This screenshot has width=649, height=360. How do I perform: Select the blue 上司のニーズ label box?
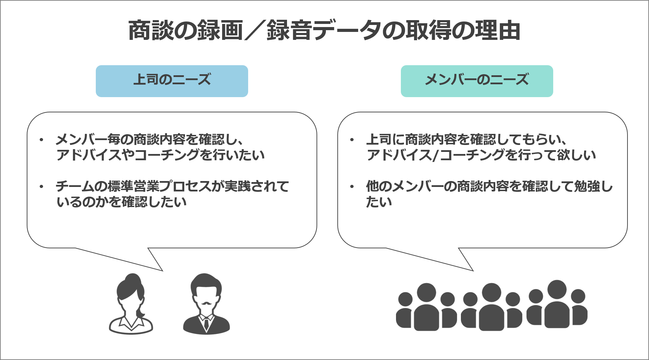[x=172, y=81]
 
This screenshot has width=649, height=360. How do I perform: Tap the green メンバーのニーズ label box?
[x=477, y=81]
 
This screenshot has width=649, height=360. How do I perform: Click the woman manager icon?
[x=131, y=305]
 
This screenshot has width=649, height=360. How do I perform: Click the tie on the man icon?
[x=206, y=323]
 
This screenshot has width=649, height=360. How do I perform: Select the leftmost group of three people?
[x=426, y=307]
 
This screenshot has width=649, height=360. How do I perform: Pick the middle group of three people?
[x=491, y=307]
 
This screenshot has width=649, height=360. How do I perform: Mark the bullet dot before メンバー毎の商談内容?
[x=41, y=140]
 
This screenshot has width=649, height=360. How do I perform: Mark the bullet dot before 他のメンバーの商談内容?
[x=352, y=187]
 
